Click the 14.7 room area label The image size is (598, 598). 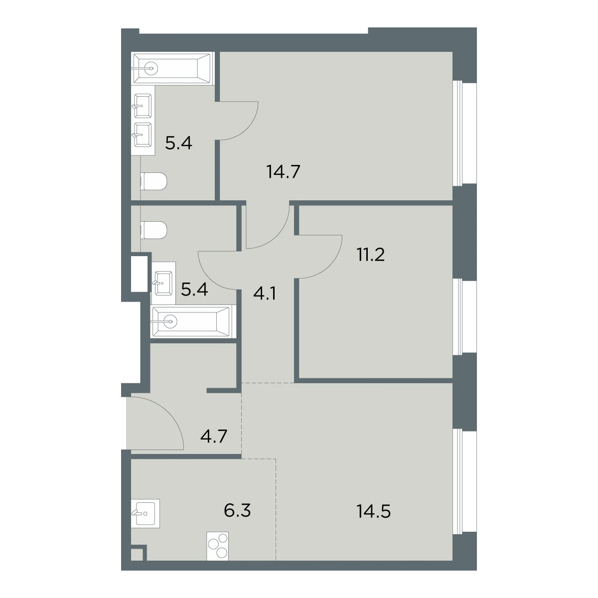283,172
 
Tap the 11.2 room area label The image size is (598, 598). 371,255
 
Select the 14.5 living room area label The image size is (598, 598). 373,512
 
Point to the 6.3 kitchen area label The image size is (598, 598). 237,511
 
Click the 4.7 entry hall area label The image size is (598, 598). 214,436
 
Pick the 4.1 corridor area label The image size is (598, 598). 265,293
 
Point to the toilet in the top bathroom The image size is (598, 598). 153,181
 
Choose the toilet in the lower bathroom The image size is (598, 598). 153,230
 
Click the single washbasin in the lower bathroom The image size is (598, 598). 163,283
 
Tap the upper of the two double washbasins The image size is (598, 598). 143,106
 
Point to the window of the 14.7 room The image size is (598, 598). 457,134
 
